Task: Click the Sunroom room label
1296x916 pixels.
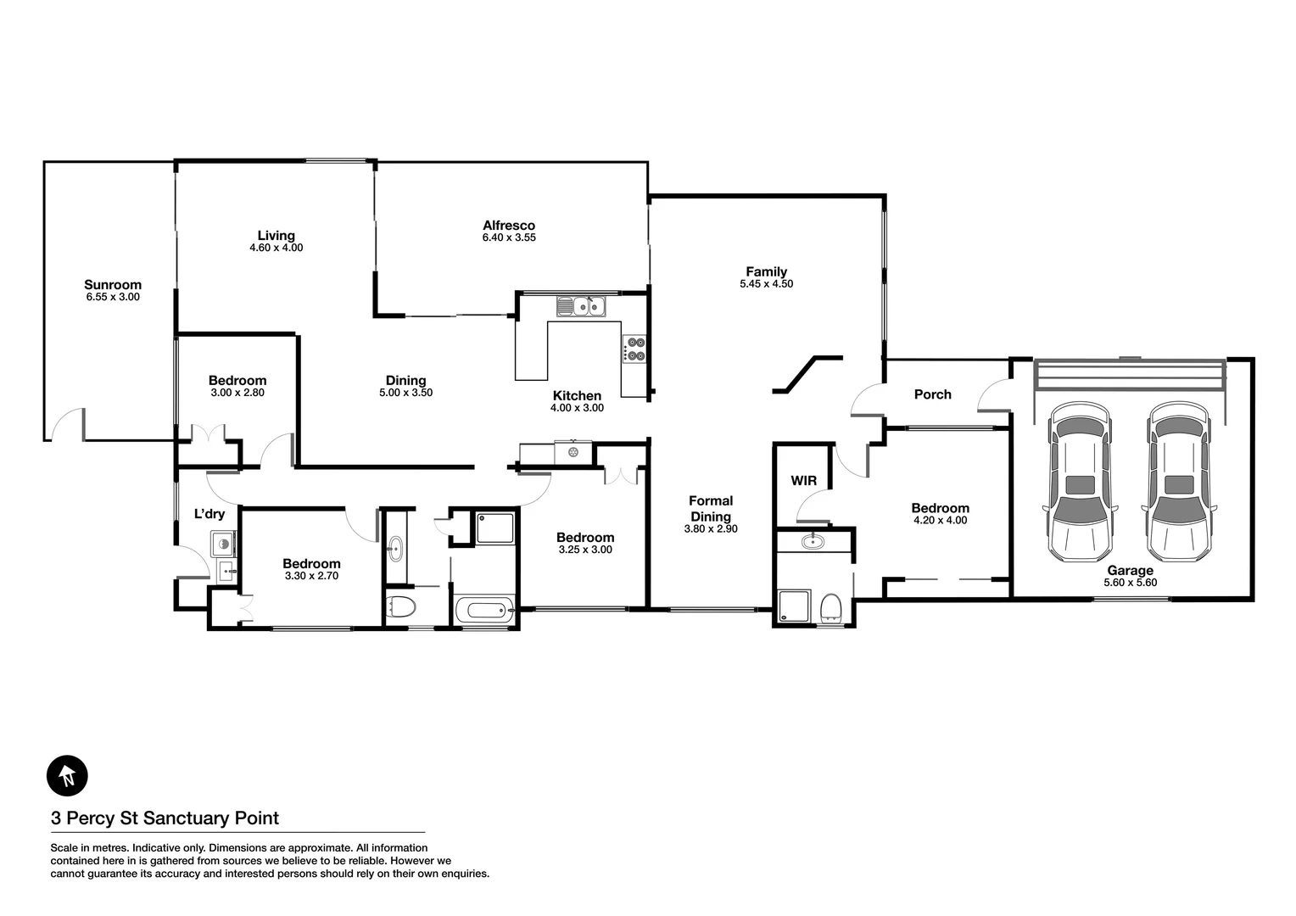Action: (x=113, y=285)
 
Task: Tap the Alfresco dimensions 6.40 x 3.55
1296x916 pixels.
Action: (x=509, y=238)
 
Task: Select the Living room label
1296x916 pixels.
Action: (x=277, y=236)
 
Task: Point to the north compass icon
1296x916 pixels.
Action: (x=67, y=775)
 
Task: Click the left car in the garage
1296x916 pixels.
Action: (x=1080, y=483)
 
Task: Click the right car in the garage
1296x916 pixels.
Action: (x=1178, y=483)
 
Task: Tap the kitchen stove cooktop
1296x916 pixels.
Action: (x=634, y=349)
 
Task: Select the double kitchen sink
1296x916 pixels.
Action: (x=581, y=305)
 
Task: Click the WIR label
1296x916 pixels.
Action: (x=804, y=481)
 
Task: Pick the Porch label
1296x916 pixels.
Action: (x=932, y=394)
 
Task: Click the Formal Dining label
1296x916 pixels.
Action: (x=711, y=508)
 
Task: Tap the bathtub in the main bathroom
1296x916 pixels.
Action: (x=484, y=610)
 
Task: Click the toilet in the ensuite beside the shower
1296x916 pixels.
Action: (x=831, y=608)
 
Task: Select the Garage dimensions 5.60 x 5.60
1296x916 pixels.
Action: (x=1130, y=583)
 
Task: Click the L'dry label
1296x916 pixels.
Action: (x=209, y=513)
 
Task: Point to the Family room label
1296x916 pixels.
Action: (x=766, y=271)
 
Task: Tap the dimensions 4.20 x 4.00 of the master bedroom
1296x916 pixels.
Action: (x=940, y=521)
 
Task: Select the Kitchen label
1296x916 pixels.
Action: (x=577, y=395)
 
